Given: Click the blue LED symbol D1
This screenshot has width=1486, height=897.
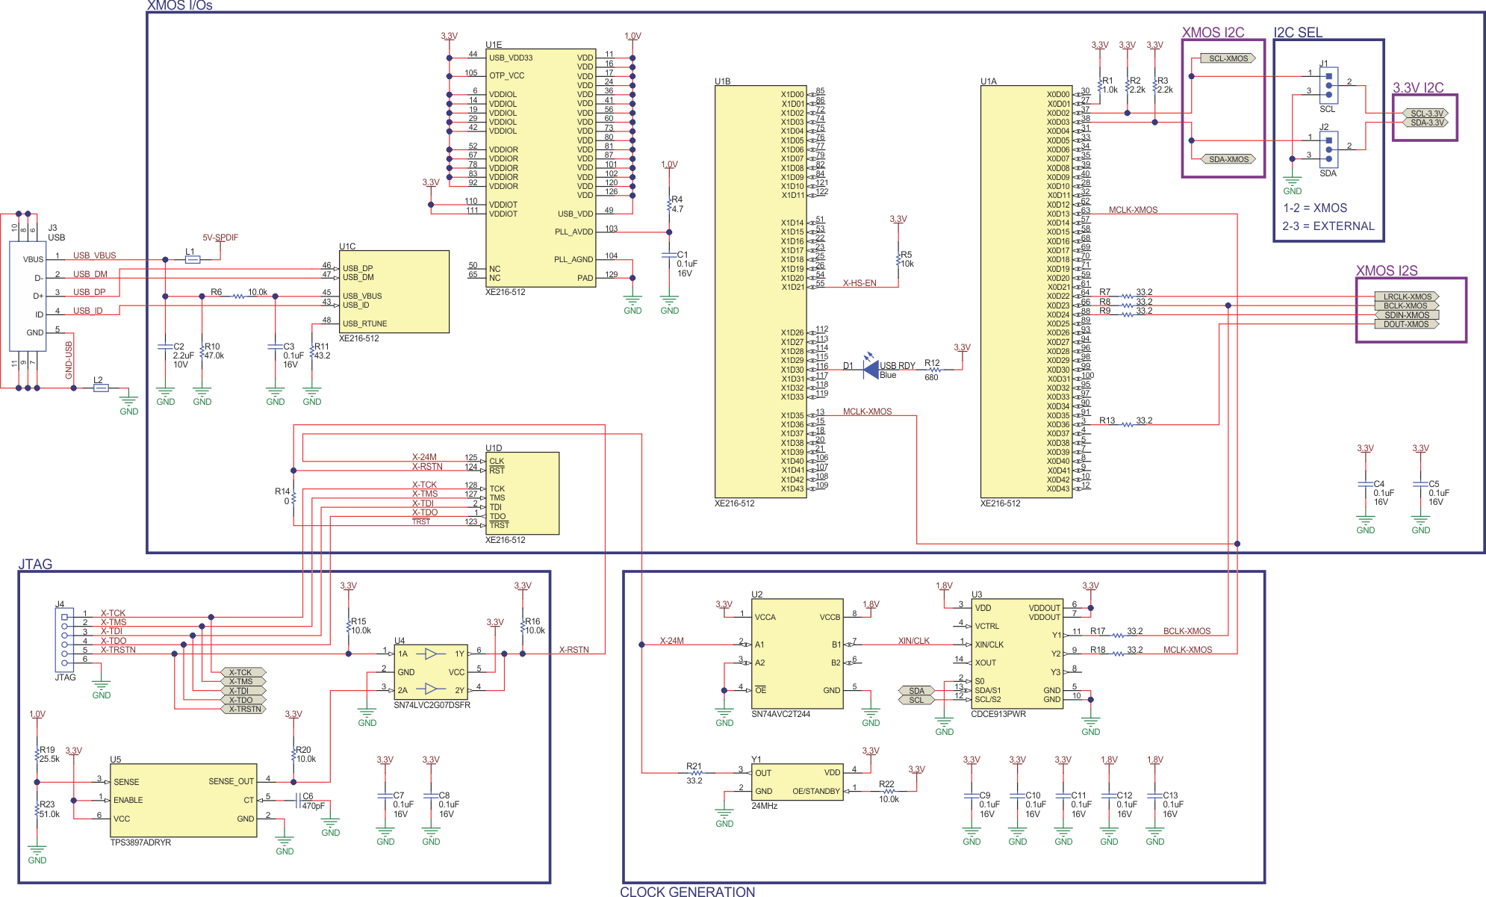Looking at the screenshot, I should [x=870, y=367].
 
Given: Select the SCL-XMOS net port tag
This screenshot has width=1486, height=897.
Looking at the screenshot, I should [x=1228, y=58].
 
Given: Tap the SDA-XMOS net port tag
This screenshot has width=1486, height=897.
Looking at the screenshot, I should [x=1228, y=159].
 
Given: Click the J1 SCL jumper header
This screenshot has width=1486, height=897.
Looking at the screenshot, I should [x=1328, y=86].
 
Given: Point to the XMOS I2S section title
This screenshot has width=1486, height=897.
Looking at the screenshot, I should [x=1386, y=270].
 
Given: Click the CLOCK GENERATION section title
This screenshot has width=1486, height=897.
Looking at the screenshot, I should [x=687, y=891].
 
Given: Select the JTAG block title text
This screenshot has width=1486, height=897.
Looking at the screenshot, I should [x=35, y=564].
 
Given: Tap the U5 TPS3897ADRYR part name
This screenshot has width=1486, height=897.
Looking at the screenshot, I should [x=140, y=842].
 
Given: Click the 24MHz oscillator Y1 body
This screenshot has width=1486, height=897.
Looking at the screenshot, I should [x=797, y=782].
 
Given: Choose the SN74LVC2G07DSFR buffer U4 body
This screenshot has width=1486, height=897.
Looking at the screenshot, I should [x=430, y=672].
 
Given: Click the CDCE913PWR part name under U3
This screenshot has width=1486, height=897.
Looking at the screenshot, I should [x=998, y=714].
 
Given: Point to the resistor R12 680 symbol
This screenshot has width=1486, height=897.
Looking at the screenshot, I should [x=933, y=370].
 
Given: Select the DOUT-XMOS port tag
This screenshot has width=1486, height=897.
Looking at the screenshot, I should [x=1406, y=324].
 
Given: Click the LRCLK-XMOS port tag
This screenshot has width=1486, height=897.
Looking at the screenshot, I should [x=1407, y=297].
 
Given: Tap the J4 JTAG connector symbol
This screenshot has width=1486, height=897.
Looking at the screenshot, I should [x=64, y=639].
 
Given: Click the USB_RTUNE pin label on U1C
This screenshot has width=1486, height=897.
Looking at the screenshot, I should [x=364, y=323].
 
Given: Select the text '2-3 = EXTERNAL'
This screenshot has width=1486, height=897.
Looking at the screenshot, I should [x=1328, y=226].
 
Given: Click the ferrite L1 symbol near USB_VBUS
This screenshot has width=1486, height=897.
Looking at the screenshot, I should [x=193, y=260].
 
